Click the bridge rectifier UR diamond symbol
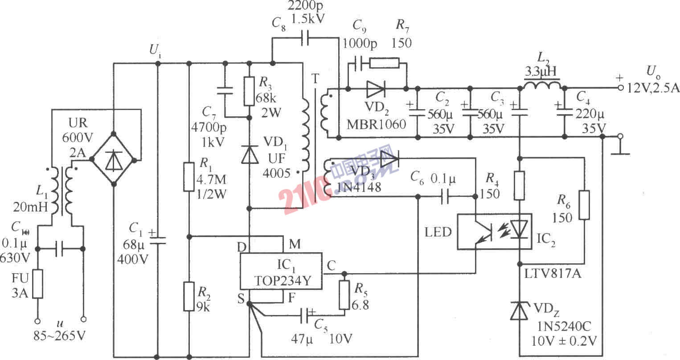[114, 159]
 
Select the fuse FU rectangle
[37, 284]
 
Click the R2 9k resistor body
[189, 296]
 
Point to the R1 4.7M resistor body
[189, 177]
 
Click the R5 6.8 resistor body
[344, 295]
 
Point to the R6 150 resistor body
[584, 205]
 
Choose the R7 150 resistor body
[384, 63]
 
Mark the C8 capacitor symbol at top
[304, 38]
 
